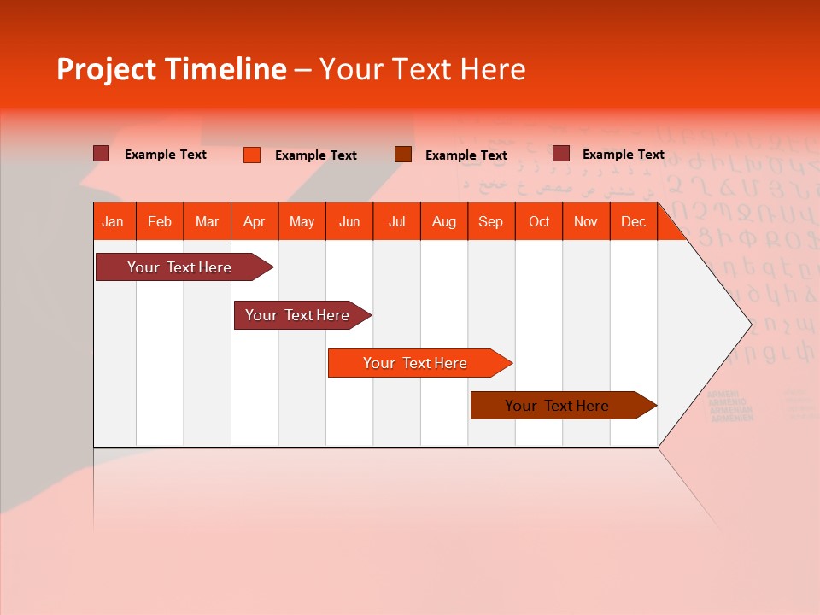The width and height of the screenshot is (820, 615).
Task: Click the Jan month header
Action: [113, 222]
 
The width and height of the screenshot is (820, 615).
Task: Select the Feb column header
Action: [160, 222]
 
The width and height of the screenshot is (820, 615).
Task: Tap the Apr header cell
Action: [254, 222]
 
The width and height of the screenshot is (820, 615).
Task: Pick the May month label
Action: [302, 222]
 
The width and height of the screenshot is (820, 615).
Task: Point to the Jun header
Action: [349, 222]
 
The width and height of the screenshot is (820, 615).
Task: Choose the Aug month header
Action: [443, 222]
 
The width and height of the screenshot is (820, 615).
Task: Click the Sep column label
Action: [490, 222]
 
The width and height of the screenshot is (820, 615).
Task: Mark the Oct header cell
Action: [539, 222]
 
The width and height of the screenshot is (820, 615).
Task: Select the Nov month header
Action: [586, 222]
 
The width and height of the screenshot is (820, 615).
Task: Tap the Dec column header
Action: [633, 222]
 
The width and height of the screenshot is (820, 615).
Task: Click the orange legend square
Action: [252, 155]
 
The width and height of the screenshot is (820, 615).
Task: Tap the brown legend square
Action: [403, 155]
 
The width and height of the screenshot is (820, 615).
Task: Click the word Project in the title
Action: [108, 70]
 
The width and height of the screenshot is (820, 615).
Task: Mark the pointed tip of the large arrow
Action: [750, 324]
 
